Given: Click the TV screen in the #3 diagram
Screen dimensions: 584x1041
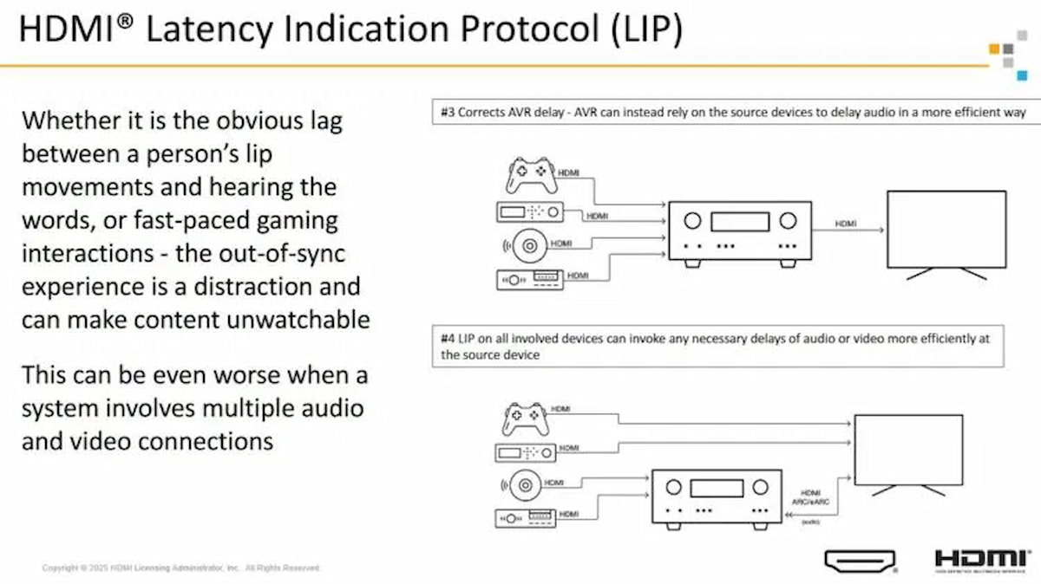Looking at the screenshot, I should tap(946, 229).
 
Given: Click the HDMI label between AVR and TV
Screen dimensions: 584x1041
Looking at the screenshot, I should tap(846, 224).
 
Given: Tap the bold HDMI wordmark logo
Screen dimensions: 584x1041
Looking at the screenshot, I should tap(981, 558).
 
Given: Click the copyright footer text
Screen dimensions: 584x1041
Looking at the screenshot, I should tap(181, 568).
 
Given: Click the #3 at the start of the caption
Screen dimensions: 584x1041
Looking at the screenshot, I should tap(446, 112).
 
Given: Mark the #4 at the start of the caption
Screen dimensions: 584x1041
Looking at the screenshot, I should tap(448, 339).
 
